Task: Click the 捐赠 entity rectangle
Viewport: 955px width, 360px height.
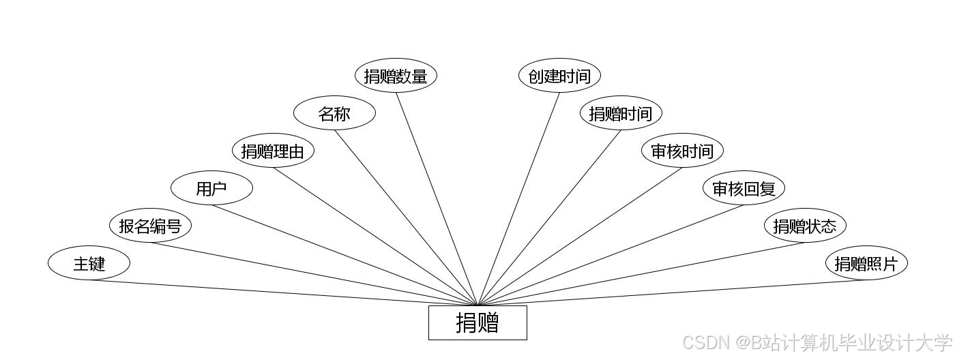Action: (x=477, y=322)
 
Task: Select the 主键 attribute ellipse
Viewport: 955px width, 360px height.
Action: (x=89, y=263)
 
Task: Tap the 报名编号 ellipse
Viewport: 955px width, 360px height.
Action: (x=150, y=226)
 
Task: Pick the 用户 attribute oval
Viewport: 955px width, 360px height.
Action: (x=211, y=188)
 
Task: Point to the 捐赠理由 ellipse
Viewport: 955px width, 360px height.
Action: (x=273, y=151)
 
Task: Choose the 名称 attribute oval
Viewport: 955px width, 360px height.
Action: (x=334, y=113)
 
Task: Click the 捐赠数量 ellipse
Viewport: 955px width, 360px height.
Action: (x=396, y=76)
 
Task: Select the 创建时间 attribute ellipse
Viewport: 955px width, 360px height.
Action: (x=559, y=76)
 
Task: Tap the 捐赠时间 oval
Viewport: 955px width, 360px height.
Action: (x=621, y=113)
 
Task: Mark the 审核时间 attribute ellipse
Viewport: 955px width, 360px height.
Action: (x=682, y=151)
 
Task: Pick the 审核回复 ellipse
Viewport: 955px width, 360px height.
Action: (x=744, y=188)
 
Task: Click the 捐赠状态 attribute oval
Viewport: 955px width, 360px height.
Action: (x=805, y=226)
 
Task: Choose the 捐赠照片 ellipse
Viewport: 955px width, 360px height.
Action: (x=866, y=263)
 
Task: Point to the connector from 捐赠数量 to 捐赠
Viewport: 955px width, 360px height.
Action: (x=437, y=198)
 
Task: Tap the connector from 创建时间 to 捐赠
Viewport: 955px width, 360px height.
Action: (x=518, y=198)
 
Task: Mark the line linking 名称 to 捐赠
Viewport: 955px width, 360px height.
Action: (x=406, y=217)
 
